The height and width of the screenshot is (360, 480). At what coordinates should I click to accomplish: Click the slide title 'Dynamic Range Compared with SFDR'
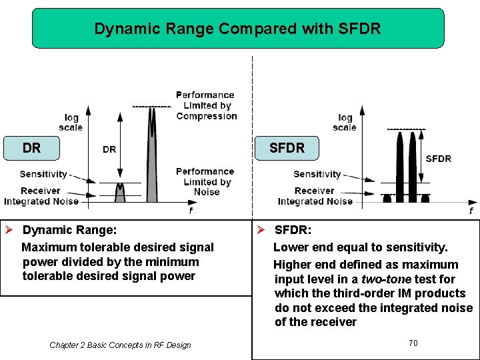237,29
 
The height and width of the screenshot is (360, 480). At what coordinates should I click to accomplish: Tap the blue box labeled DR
31,148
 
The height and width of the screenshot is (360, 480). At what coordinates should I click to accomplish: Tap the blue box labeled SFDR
287,148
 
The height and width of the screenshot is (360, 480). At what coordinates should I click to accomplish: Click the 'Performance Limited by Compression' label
206,105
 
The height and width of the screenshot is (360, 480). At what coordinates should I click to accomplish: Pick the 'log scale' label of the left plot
71,123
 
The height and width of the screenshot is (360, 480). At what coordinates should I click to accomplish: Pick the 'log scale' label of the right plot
345,123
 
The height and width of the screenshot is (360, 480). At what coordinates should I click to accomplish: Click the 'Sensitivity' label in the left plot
43,174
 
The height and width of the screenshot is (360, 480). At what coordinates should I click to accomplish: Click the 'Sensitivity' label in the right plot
317,174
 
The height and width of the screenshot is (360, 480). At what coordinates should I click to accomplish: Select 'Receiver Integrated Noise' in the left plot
41,196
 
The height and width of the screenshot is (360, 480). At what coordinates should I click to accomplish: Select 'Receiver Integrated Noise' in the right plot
315,196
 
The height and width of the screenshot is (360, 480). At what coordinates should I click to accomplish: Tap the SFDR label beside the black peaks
438,159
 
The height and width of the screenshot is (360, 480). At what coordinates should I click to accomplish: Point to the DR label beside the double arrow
109,149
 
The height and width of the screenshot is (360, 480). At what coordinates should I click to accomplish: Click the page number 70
413,343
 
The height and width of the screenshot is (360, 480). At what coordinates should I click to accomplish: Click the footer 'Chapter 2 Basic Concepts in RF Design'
120,345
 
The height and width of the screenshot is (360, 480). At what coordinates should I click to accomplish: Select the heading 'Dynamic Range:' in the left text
69,230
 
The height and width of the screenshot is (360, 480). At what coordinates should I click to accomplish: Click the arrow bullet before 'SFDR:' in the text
262,230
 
